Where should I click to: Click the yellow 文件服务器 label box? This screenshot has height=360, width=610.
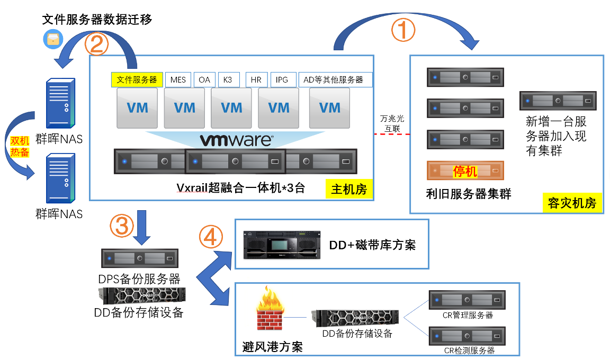tap(137, 80)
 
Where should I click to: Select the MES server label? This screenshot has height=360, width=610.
tap(178, 80)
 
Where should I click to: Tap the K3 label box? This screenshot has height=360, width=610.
tap(228, 80)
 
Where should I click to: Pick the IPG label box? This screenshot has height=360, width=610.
tap(282, 80)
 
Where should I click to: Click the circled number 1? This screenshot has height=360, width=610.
tap(403, 30)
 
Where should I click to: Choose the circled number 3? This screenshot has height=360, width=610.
tap(121, 226)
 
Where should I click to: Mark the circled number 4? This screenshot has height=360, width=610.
tap(211, 237)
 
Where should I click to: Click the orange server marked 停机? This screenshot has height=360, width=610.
tap(465, 171)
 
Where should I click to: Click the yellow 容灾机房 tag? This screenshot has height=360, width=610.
tap(572, 203)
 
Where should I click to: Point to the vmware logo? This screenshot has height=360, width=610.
tap(236, 140)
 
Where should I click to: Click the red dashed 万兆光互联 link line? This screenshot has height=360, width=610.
tap(392, 134)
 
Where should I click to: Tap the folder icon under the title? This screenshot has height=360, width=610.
tap(53, 39)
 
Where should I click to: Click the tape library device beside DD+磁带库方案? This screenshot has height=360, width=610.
tap(282, 245)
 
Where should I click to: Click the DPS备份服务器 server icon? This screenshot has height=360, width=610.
tap(139, 258)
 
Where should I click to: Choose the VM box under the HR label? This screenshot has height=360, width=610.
tap(279, 108)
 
